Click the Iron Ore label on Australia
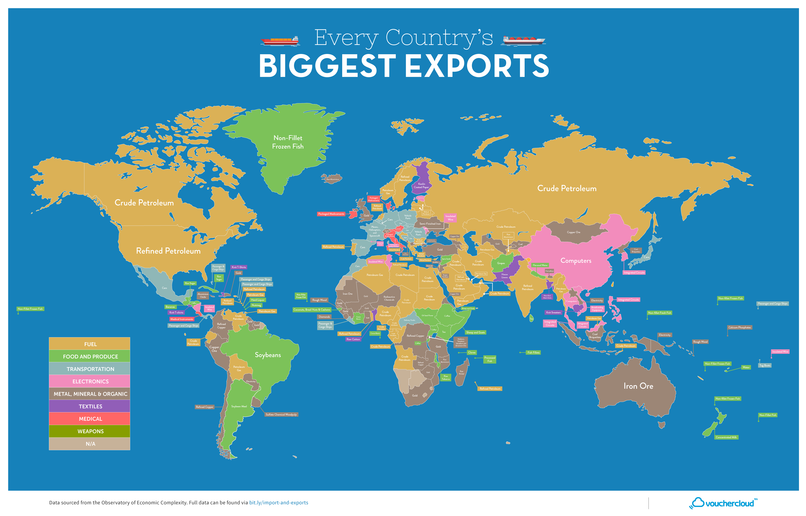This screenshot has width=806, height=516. [x=638, y=386]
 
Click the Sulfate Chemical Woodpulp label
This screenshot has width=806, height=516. [x=281, y=415]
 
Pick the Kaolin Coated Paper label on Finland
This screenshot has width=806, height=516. [x=421, y=186]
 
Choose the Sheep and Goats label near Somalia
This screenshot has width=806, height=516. [x=475, y=332]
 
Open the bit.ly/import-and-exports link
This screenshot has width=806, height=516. [x=279, y=503]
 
